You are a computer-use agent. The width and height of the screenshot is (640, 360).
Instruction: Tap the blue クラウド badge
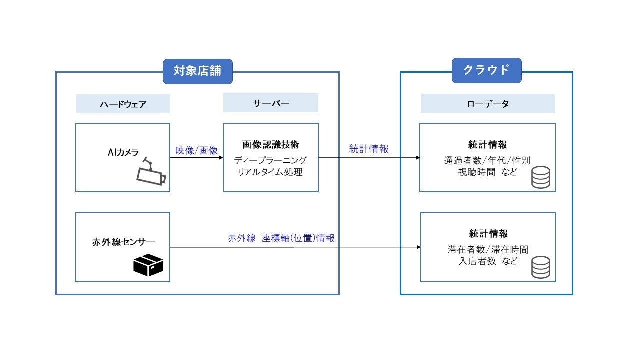coord(486,70)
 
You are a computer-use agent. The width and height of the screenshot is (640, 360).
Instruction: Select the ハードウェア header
coord(122,104)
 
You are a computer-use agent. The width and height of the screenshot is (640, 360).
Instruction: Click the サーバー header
coord(270,103)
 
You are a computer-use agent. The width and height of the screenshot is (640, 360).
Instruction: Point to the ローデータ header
coord(488,103)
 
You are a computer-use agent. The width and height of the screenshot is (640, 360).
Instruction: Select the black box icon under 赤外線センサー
coord(148,265)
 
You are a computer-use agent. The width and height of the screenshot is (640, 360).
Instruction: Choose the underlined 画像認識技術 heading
coord(270,145)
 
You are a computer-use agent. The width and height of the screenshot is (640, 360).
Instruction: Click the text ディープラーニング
coord(270,160)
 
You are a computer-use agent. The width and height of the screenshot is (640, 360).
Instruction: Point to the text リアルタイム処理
coord(270,172)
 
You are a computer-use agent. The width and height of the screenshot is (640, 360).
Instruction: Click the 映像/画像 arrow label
coord(196,150)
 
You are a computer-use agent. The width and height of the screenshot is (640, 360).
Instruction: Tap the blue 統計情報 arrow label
coord(368,149)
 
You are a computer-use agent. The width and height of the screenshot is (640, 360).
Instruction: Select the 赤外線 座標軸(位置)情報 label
coord(281,238)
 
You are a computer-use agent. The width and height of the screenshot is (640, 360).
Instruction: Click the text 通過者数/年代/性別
coord(487,160)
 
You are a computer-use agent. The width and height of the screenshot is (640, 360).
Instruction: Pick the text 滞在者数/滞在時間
coord(488,249)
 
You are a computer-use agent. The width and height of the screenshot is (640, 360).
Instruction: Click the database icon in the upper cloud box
coord(540,177)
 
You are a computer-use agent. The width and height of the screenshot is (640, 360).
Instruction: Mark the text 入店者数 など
coord(488,261)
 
